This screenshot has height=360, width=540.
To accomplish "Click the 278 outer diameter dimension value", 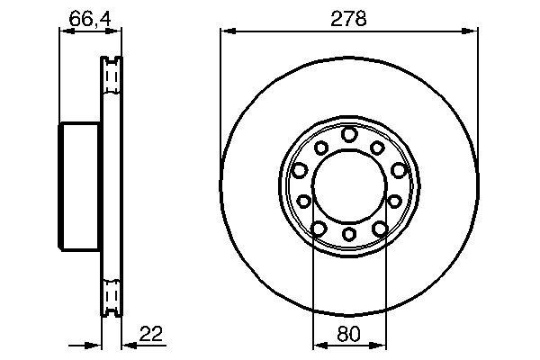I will click(348, 18).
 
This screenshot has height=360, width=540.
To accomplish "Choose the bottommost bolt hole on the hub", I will click(348, 236).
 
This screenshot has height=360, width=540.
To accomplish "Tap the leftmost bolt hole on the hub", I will click(299, 170).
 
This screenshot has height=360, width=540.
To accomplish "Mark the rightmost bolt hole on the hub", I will click(398, 170).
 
